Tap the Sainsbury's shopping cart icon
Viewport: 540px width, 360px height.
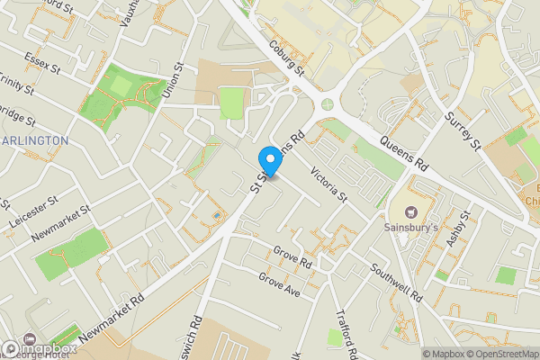[411, 213]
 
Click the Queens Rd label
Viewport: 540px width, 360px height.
[402, 153]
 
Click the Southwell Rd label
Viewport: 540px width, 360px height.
[397, 282]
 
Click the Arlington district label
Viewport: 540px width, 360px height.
[34, 140]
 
